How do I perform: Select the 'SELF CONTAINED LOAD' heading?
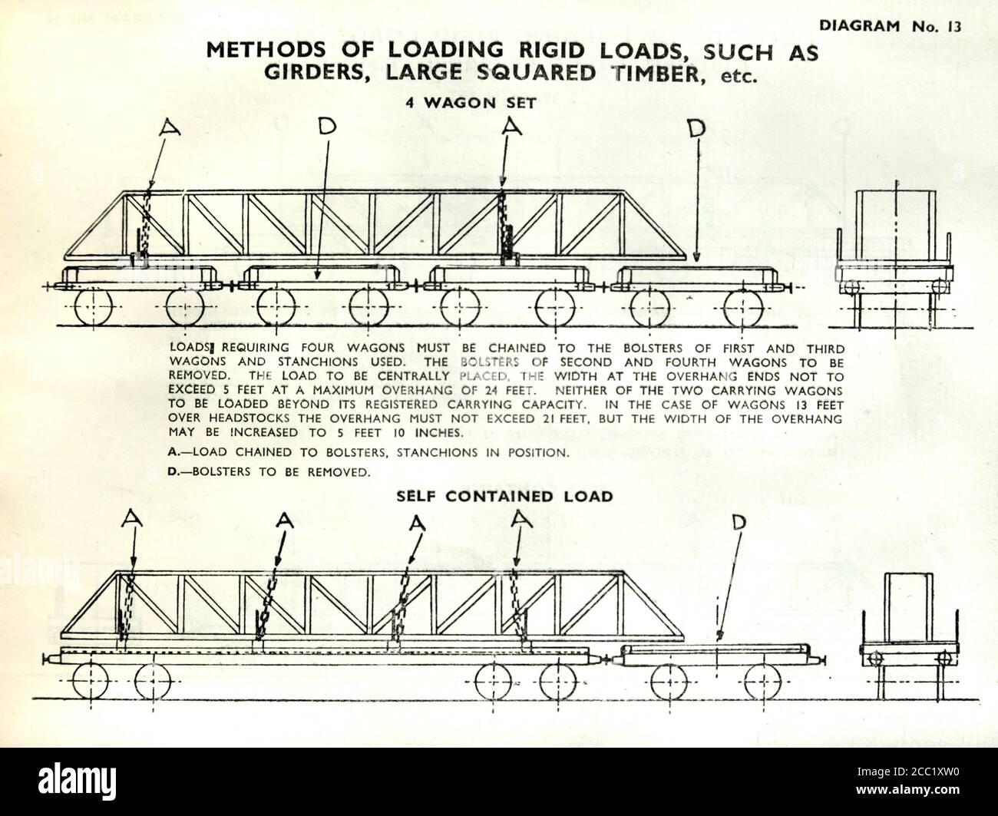coord(504,497)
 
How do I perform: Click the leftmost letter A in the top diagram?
coord(170,128)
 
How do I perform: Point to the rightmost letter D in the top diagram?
coord(696,129)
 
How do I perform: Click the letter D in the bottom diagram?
coord(739,523)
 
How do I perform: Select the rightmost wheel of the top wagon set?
coord(743,306)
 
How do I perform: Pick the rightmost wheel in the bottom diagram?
coord(763,679)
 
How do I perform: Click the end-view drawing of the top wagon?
coord(895,253)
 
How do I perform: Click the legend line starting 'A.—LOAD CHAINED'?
coord(368,452)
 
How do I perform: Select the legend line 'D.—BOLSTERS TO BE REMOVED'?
coord(269,471)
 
